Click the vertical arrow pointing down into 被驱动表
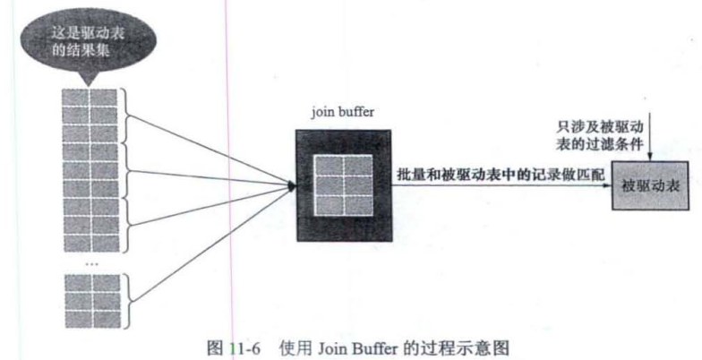coord(658,143)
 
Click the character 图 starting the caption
coord(212,345)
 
